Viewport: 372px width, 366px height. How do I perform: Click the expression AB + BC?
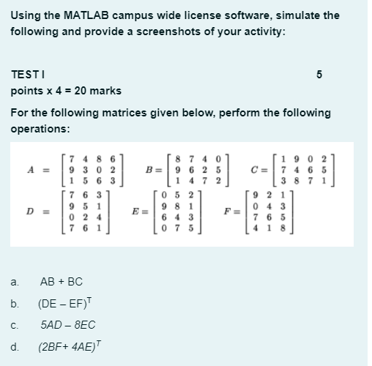(62, 281)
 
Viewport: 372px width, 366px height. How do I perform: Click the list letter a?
(14, 281)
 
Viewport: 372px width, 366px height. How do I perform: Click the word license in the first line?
(198, 15)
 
